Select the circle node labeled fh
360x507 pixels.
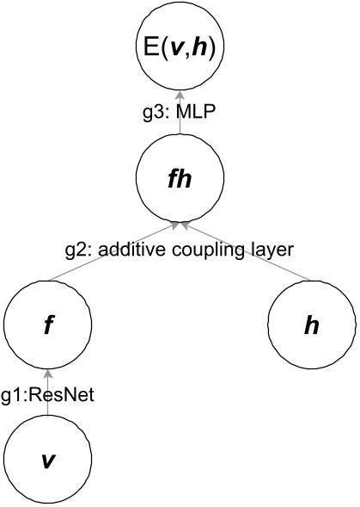pos(180,178)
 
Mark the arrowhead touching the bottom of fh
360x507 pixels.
pos(180,224)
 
